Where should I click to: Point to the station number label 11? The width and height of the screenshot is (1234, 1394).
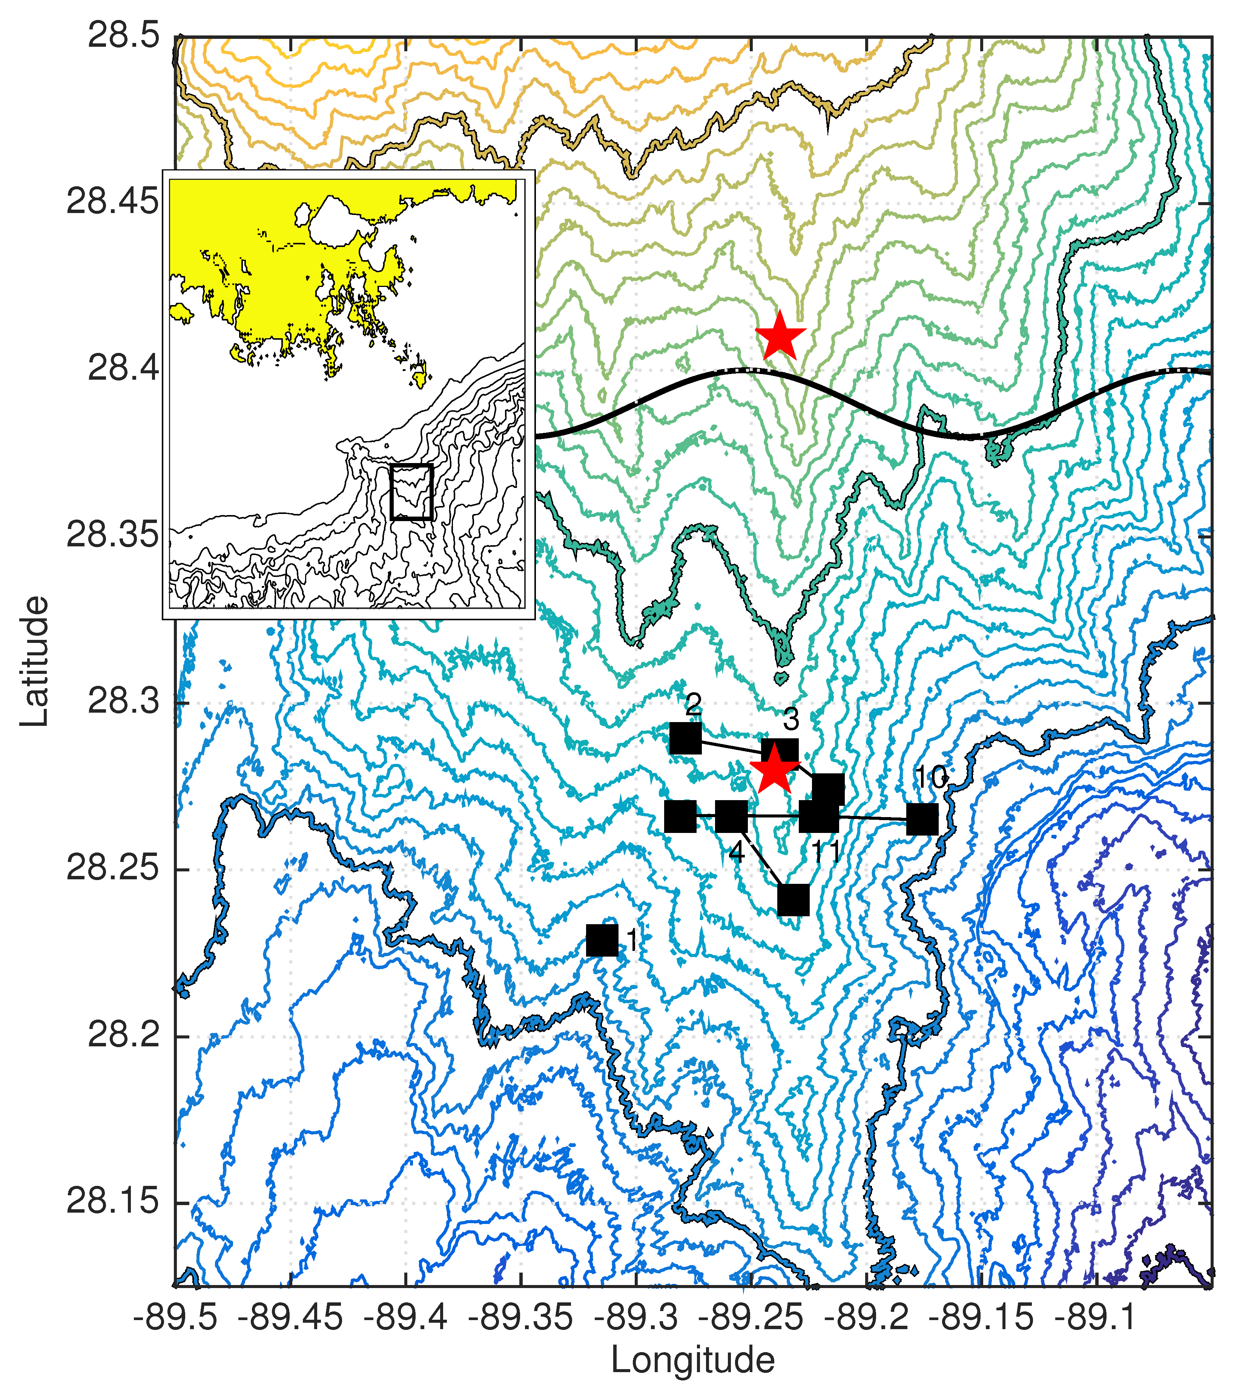(x=826, y=853)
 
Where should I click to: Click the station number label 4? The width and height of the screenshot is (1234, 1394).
(x=736, y=852)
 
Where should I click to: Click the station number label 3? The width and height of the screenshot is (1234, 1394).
(x=790, y=719)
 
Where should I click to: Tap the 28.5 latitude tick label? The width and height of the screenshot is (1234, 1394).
(x=123, y=35)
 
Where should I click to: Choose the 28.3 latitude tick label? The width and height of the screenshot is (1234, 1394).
(x=123, y=702)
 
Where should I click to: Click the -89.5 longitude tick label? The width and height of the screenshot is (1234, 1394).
(x=175, y=1317)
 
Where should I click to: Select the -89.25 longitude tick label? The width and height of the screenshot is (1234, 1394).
(x=751, y=1317)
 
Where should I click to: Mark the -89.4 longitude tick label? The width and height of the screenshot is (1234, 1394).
(x=406, y=1317)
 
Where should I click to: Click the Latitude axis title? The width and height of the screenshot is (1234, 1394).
(x=34, y=661)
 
